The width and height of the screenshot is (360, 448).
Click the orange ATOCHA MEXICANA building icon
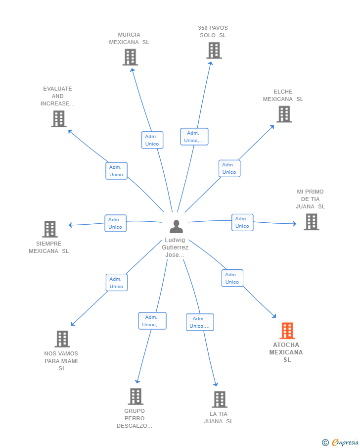[x=287, y=331]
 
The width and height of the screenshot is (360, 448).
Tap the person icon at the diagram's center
[x=176, y=226]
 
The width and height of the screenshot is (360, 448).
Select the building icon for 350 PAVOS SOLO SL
[x=214, y=50]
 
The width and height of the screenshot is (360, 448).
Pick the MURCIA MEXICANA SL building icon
[x=130, y=57]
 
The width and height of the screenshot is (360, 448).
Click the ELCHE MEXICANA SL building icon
[x=284, y=114]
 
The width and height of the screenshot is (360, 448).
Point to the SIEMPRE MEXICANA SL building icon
[x=50, y=229]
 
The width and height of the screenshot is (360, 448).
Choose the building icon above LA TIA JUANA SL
[x=220, y=399]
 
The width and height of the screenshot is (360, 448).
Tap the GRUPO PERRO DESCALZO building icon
[x=135, y=397]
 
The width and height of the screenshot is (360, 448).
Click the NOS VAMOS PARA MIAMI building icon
[x=62, y=339]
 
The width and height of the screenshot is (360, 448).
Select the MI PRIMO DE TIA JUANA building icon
[x=312, y=222]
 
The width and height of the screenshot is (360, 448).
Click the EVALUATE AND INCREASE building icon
[x=59, y=119]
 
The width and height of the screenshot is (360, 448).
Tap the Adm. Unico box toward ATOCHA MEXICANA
[x=232, y=278]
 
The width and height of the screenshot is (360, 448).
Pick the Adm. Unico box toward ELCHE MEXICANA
[x=229, y=168]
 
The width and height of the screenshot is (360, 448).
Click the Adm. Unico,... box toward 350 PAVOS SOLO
[x=194, y=137]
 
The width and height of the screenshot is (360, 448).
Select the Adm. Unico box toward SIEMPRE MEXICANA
[x=115, y=223]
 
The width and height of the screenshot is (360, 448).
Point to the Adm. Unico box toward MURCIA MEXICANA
[x=152, y=140]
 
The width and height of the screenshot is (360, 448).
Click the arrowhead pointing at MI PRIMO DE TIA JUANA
[x=295, y=223]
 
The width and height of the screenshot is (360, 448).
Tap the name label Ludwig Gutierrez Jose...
[x=175, y=248]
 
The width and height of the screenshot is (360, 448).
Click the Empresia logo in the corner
[x=340, y=442]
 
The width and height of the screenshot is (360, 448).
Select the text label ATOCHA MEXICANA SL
[x=286, y=352]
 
